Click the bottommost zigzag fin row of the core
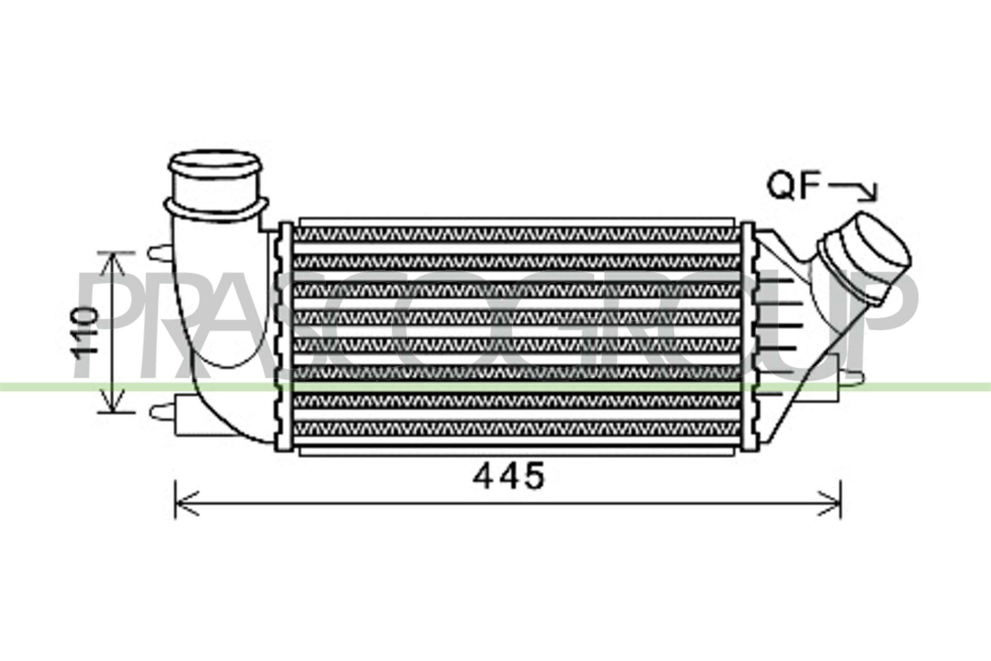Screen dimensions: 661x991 (x=516, y=428)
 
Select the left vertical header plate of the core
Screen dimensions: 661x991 (x=285, y=337)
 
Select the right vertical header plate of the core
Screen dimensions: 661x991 (x=747, y=337)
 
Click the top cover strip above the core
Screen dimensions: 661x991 (x=516, y=222)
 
